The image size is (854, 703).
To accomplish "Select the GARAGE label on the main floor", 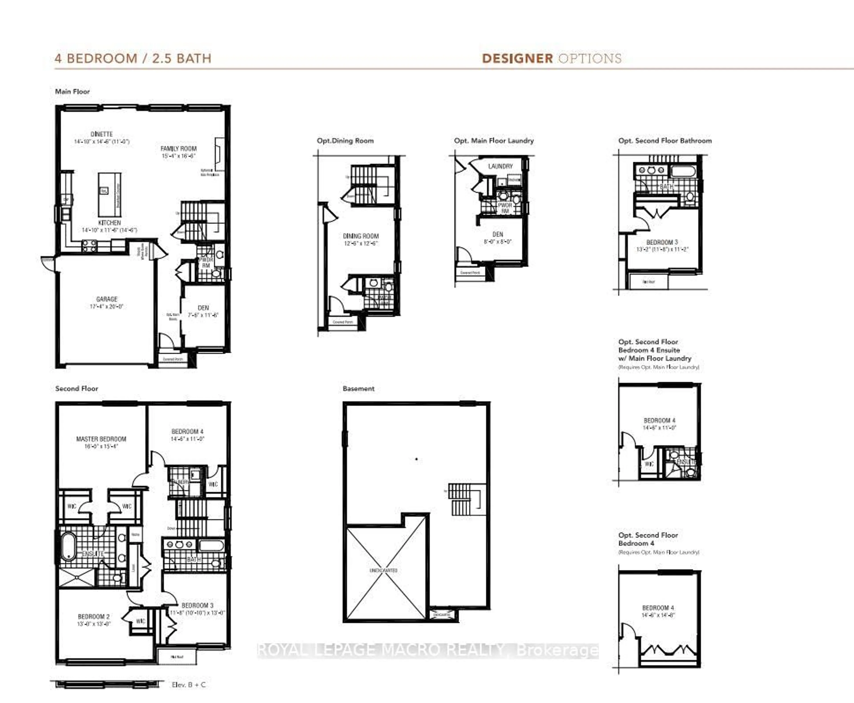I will coord(107,299).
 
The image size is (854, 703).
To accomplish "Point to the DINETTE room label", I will coord(102,134).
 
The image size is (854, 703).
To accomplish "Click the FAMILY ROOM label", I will coord(178,149).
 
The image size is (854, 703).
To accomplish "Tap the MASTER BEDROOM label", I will coord(101,439).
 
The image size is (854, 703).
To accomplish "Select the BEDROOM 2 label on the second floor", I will coord(94,616).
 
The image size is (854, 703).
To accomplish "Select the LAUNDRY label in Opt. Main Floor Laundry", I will coord(500,166).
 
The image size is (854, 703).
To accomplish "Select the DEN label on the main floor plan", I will coord(203,308).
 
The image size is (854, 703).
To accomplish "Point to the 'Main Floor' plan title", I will coord(73,92).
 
